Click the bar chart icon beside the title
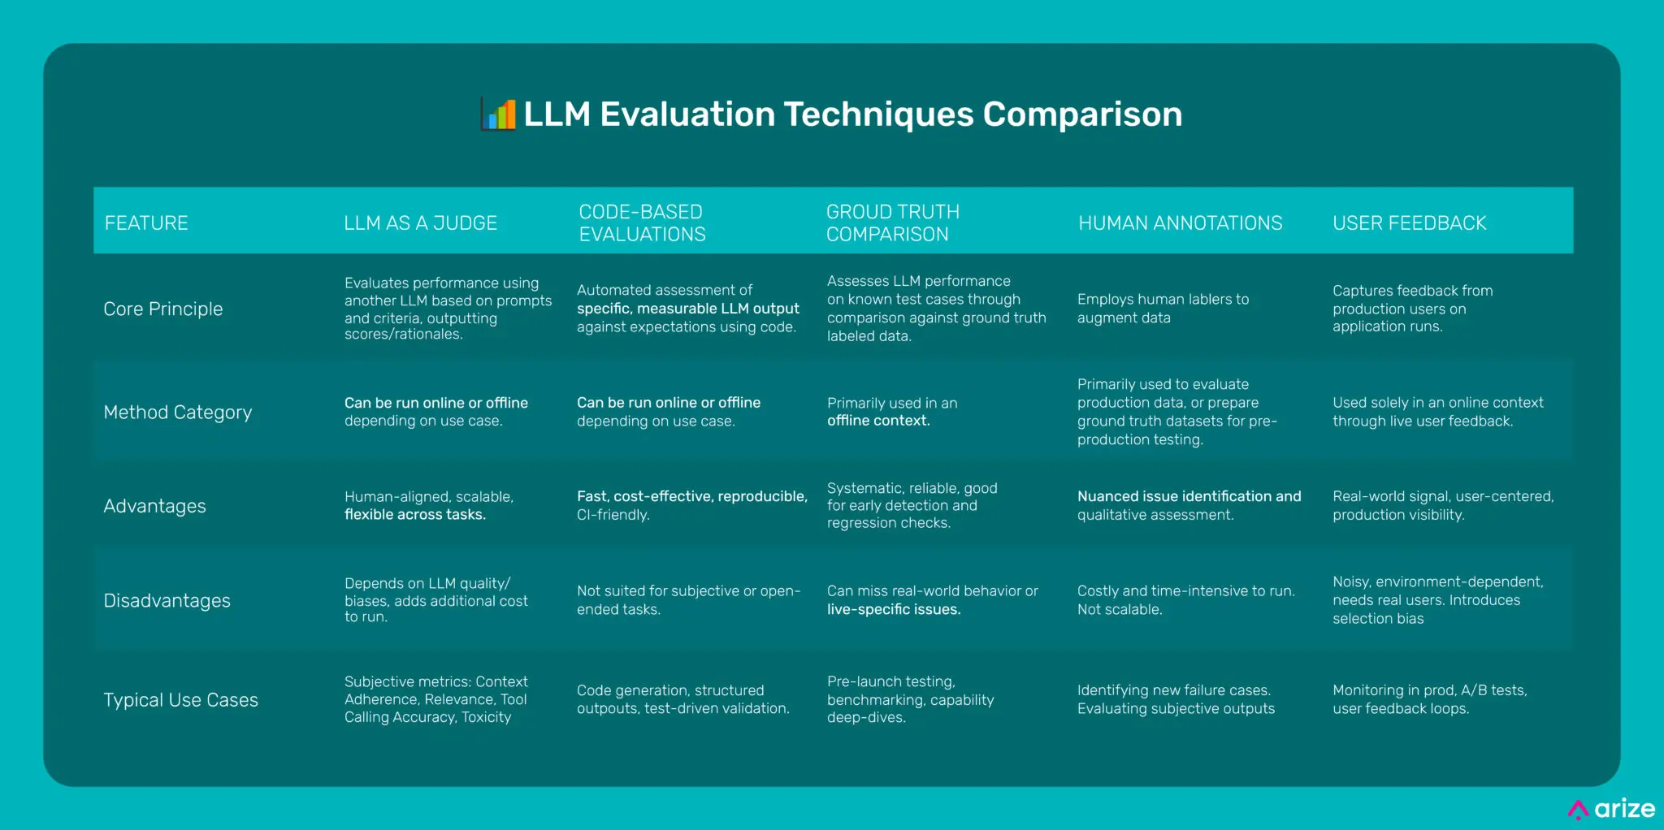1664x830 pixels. click(x=499, y=115)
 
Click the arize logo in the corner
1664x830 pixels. click(x=1612, y=809)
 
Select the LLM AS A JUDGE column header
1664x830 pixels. click(x=420, y=223)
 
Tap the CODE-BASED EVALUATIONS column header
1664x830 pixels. click(x=642, y=223)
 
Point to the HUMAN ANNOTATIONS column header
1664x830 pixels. click(x=1180, y=223)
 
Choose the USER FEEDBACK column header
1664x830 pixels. click(x=1409, y=223)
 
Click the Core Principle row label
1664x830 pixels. click(x=162, y=309)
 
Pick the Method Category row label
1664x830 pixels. click(x=177, y=413)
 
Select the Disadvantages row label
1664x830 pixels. click(x=167, y=601)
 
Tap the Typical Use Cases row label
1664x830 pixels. click(x=180, y=700)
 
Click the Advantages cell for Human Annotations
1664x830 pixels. click(x=1189, y=505)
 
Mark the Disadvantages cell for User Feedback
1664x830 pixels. click(x=1437, y=600)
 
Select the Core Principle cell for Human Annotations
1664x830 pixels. click(x=1163, y=309)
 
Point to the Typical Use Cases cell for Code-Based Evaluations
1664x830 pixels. click(x=682, y=699)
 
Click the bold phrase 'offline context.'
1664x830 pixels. click(x=878, y=421)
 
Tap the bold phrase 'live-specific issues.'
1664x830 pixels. click(x=894, y=610)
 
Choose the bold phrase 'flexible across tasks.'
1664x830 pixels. click(x=414, y=515)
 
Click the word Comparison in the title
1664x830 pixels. click(x=1082, y=115)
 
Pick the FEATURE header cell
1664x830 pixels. click(x=146, y=223)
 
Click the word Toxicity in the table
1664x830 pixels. click(x=486, y=718)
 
